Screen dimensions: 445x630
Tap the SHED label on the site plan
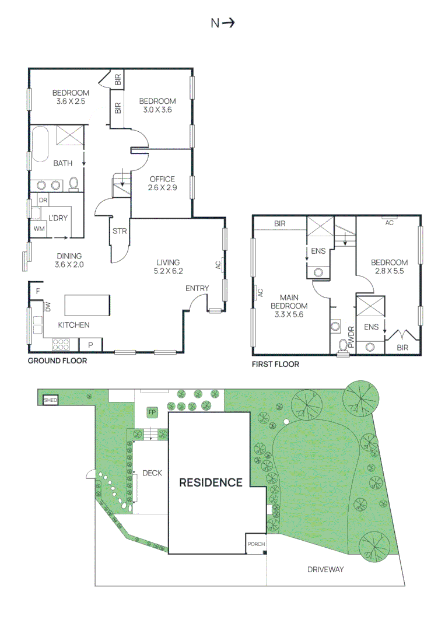(50, 400)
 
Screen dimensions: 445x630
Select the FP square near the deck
(152, 412)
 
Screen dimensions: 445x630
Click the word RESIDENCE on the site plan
(211, 482)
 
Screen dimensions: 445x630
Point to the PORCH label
(256, 544)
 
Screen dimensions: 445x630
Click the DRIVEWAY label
(325, 569)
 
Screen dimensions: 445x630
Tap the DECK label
(152, 473)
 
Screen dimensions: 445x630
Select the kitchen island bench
(87, 305)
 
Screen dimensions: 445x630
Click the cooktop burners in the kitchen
(61, 344)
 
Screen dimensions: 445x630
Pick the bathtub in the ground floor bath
(40, 144)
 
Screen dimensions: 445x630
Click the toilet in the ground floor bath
(73, 184)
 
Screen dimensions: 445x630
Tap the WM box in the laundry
(39, 229)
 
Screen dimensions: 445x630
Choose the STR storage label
(120, 231)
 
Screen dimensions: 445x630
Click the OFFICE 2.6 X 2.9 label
(162, 183)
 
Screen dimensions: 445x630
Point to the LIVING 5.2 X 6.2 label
(169, 267)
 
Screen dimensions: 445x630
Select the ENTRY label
(197, 288)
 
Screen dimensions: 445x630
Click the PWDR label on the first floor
(351, 337)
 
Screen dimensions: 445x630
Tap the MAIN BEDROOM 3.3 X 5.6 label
(289, 306)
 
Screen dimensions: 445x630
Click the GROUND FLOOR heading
(57, 361)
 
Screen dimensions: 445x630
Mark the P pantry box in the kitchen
(90, 345)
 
